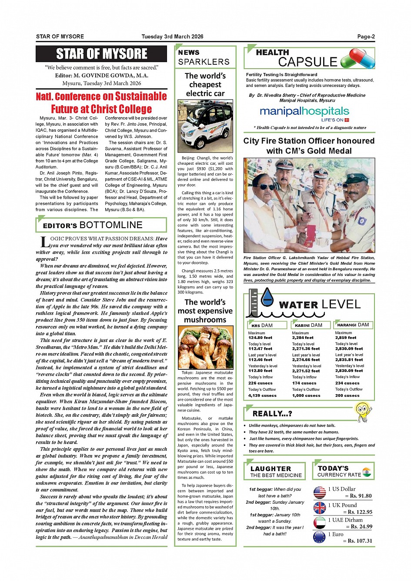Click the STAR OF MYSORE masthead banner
pyautogui.click(x=101, y=54)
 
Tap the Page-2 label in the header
pyautogui.click(x=366, y=37)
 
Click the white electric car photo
pyautogui.click(x=205, y=126)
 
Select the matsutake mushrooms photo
pyautogui.click(x=205, y=348)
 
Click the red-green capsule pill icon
pyautogui.click(x=358, y=58)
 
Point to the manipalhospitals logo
pyautogui.click(x=304, y=112)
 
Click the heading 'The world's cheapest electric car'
pyautogui.click(x=205, y=85)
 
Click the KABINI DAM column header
pyautogui.click(x=309, y=325)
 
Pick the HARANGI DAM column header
pyautogui.click(x=353, y=325)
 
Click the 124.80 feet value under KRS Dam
pyautogui.click(x=260, y=338)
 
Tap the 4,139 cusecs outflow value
pyautogui.click(x=262, y=396)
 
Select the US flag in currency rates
pyautogui.click(x=320, y=492)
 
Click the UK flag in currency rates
pyautogui.click(x=320, y=508)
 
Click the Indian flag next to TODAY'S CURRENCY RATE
pyautogui.click(x=367, y=472)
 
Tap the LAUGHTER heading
pyautogui.click(x=271, y=469)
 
